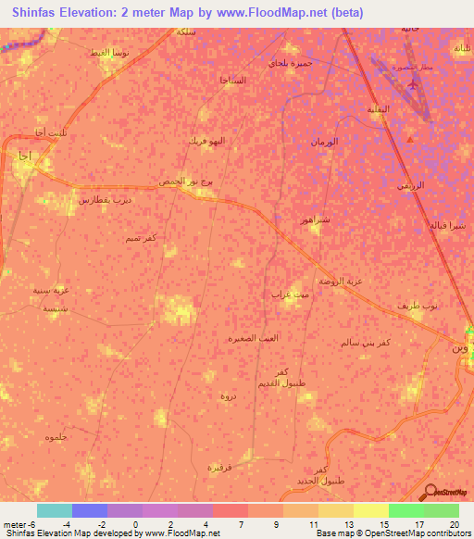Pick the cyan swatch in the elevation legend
point(54,510)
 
